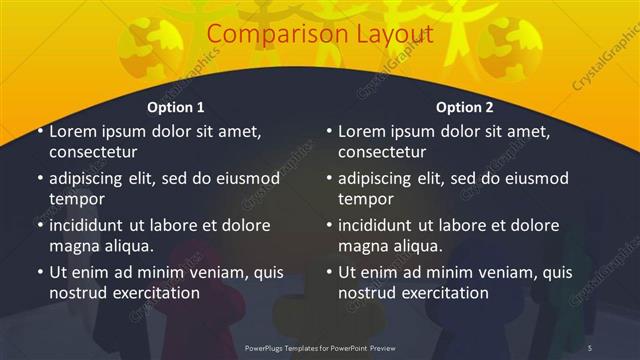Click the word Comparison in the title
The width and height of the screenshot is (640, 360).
268,35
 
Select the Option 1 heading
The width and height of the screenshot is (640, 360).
176,107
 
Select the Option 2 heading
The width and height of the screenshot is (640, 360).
464,107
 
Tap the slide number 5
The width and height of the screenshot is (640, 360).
590,347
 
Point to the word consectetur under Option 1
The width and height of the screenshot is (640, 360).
93,153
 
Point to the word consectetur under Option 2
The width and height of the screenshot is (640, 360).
382,153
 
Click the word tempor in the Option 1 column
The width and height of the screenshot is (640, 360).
75,199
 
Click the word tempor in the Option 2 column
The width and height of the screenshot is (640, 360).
364,199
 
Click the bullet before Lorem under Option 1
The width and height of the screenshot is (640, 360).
39,131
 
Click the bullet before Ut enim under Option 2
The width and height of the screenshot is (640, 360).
328,272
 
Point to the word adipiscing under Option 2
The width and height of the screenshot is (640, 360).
380,179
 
